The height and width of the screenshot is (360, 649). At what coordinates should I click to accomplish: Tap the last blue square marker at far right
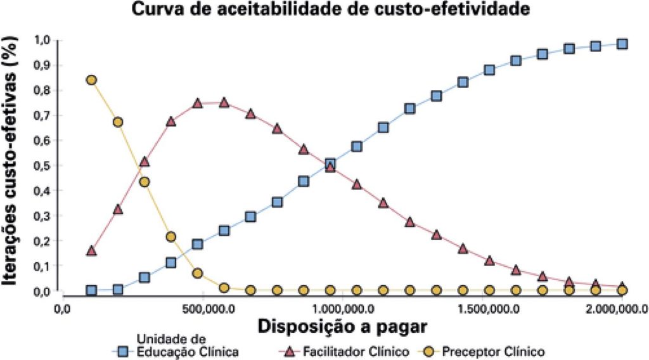pos(622,44)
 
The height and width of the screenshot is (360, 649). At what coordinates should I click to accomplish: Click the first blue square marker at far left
pos(91,290)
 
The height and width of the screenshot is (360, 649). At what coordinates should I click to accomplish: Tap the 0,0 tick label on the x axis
pos(62,309)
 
